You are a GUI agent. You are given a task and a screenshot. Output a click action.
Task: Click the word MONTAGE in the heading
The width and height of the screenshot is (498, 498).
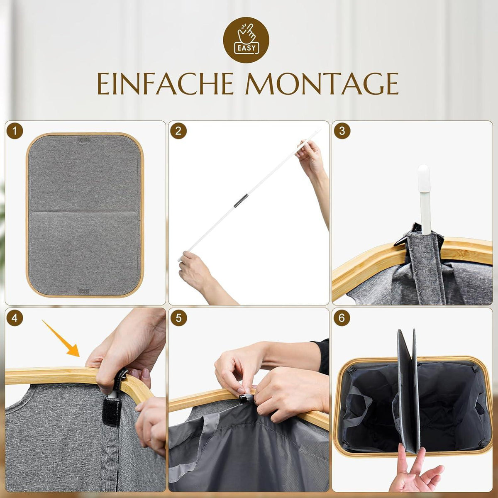322,83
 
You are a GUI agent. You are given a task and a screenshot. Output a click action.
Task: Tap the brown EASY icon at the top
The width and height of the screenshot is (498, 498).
246,40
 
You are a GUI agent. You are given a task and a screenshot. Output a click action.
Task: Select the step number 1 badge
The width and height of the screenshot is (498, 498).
15,131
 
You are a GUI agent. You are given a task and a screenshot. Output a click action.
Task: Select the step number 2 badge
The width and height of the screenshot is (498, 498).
178,131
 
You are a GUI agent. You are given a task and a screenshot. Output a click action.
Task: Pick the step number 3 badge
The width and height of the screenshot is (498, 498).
342,131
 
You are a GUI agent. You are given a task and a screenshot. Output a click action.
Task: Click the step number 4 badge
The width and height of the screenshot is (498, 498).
15,318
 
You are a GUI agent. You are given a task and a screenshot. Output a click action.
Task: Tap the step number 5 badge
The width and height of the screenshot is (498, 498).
178,318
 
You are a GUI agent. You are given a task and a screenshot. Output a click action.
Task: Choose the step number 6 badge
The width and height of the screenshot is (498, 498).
342,318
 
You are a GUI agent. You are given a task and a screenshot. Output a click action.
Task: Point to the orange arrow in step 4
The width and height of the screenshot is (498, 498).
61,339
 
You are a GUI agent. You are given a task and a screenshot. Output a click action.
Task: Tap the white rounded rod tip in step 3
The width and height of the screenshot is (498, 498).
424,178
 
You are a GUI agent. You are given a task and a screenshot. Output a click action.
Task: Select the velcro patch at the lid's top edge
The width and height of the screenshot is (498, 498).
84,141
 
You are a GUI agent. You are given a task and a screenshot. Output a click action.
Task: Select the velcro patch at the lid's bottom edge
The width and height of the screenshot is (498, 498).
83,289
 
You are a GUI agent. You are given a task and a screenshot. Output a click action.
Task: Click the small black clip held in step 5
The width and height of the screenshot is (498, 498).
244,398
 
